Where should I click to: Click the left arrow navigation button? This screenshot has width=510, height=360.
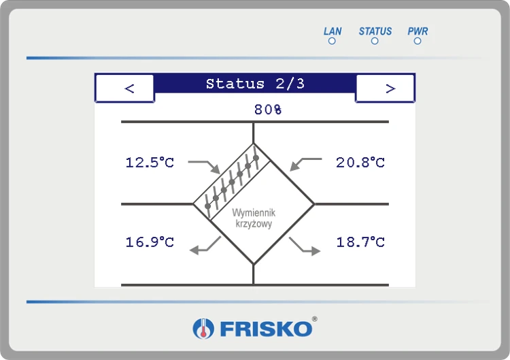124,88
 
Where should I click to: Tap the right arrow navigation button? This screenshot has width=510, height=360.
385,88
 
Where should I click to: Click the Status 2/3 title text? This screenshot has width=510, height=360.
255,84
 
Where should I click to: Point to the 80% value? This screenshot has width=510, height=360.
268,110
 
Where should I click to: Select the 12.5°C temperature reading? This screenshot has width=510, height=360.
150,163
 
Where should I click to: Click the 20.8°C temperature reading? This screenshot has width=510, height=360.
360,163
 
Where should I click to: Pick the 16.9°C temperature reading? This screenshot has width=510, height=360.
150,242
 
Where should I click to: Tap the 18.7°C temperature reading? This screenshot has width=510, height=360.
360,242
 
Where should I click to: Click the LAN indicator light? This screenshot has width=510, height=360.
332,41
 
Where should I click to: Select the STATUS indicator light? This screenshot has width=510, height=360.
375,41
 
